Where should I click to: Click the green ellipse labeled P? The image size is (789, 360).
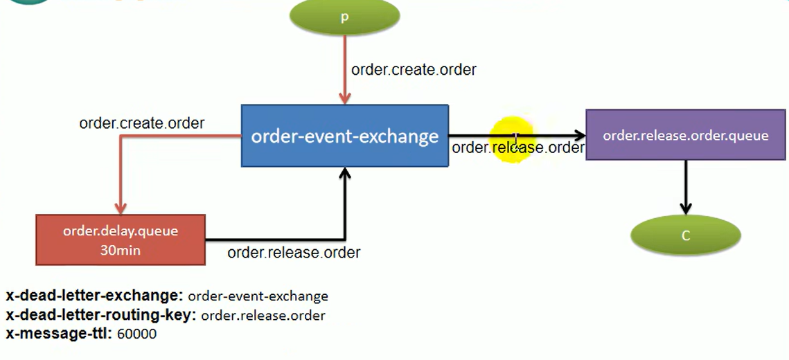tap(344, 17)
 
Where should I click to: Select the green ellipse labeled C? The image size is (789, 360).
tap(685, 235)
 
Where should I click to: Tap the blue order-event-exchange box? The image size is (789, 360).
tap(344, 136)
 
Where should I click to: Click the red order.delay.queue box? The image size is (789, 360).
tap(121, 240)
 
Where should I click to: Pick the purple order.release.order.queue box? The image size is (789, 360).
tap(685, 135)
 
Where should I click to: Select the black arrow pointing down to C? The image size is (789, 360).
tap(685, 187)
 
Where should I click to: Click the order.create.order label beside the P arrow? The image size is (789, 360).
tap(414, 70)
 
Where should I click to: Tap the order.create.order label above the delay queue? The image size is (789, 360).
tap(142, 123)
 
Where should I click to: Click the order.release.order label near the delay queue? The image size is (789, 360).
tap(294, 253)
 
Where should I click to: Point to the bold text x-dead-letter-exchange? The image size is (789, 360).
tap(94, 296)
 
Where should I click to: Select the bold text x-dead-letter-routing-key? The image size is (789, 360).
tap(101, 315)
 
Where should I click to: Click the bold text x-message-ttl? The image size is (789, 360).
tap(58, 334)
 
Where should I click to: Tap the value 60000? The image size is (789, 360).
tap(137, 334)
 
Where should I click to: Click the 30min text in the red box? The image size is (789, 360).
tap(121, 250)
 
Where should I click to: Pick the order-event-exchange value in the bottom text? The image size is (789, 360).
tap(258, 296)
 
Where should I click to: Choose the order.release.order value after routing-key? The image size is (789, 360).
tap(263, 316)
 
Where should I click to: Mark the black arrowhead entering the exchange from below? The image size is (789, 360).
tap(344, 173)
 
